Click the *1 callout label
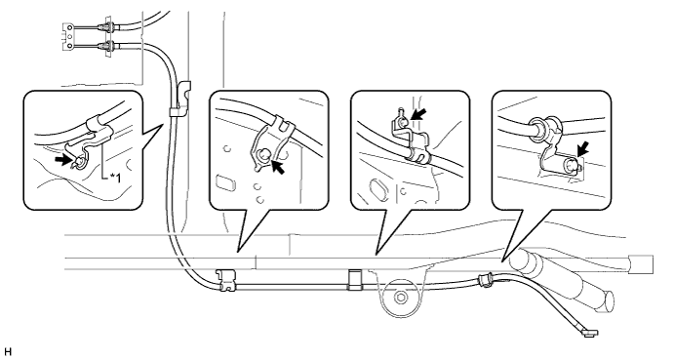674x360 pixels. pyautogui.click(x=115, y=178)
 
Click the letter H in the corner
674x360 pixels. pyautogui.click(x=8, y=352)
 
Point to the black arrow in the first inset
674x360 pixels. pyautogui.click(x=62, y=160)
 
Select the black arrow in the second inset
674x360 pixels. pyautogui.click(x=277, y=166)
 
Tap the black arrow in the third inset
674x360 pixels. pyautogui.click(x=419, y=113)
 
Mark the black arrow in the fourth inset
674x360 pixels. pyautogui.click(x=581, y=149)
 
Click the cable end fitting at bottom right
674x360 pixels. pyautogui.click(x=589, y=332)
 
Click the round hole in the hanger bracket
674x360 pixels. pyautogui.click(x=401, y=298)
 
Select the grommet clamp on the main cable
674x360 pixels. pyautogui.click(x=486, y=280)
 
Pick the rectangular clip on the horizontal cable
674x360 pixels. pyautogui.click(x=353, y=280)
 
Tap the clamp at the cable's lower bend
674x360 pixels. pyautogui.click(x=227, y=280)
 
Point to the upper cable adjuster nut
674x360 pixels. pyautogui.click(x=107, y=28)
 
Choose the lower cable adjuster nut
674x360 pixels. pyautogui.click(x=107, y=46)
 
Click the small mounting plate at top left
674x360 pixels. pyautogui.click(x=69, y=37)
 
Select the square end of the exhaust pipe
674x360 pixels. pyautogui.click(x=641, y=264)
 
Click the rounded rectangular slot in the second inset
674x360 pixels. pyautogui.click(x=224, y=181)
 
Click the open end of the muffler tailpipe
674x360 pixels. pyautogui.click(x=607, y=302)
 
